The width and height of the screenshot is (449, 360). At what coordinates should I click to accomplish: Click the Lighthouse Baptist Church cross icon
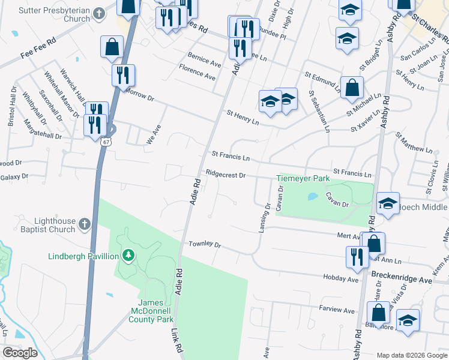click(85, 225)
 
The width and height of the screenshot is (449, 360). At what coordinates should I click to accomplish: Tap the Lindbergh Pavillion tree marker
click(127, 257)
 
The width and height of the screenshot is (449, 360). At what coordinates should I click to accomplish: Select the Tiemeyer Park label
click(303, 179)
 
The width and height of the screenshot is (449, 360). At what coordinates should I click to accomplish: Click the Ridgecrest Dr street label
click(226, 175)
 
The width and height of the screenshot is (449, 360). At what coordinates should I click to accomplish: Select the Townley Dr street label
click(205, 245)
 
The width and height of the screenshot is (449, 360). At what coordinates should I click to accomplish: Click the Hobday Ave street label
click(340, 279)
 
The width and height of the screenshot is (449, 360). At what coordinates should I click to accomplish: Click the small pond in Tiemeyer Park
click(312, 196)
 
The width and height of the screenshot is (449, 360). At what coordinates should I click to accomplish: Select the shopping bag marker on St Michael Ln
click(352, 88)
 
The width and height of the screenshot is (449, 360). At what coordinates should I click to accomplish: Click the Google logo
click(20, 352)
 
